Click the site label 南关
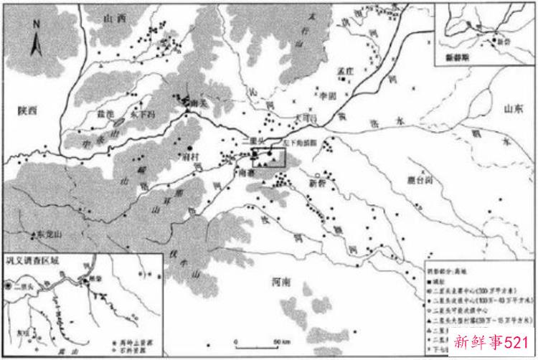[x=189, y=104]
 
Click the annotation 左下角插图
[x=298, y=143]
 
